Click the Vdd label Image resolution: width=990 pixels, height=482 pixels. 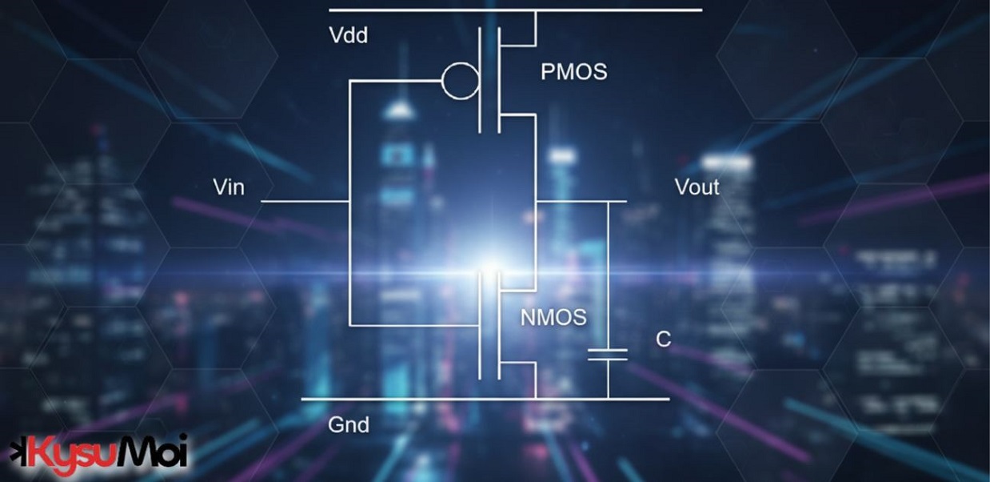pos(348,36)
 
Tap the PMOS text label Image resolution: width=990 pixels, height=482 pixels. pos(573,72)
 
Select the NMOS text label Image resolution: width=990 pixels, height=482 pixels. pos(553,317)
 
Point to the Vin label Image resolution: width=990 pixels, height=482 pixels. pos(229,187)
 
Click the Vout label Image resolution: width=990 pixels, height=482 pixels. pos(697,187)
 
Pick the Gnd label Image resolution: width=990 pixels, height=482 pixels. pos(349,424)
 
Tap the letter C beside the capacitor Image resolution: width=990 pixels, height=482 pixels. pos(663,339)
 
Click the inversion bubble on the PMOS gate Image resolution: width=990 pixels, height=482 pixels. pos(461,80)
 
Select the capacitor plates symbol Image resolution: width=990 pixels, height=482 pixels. pos(608,355)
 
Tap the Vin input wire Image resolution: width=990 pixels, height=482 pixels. pos(304,201)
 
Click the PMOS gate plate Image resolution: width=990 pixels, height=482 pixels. pos(481,80)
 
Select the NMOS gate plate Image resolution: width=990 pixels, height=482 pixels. pos(481,324)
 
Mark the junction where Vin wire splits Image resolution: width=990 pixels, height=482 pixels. pos(349,201)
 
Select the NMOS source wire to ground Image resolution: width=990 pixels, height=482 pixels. pos(534,380)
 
